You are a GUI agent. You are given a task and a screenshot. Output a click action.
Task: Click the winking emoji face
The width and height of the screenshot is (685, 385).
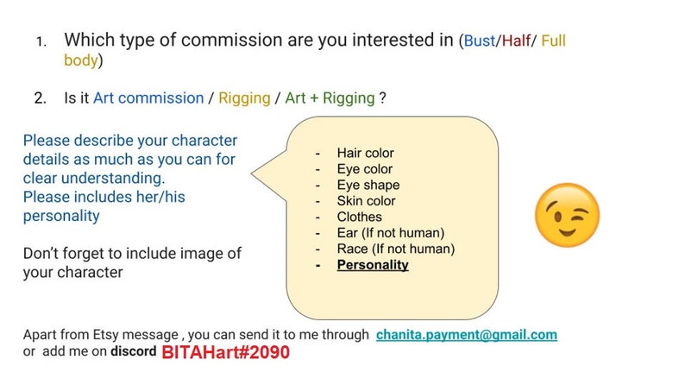click(x=567, y=213)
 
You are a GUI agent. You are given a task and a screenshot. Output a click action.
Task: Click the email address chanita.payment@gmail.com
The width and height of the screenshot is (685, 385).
click(x=466, y=335)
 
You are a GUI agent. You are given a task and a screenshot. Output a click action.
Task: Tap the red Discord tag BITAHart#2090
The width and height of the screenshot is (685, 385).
click(x=224, y=352)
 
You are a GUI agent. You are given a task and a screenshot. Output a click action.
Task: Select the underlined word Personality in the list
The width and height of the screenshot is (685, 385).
click(x=373, y=265)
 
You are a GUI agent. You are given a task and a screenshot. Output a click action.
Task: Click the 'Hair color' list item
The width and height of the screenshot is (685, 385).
click(x=365, y=153)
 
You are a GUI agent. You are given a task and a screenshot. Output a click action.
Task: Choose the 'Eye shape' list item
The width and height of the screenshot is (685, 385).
click(x=368, y=185)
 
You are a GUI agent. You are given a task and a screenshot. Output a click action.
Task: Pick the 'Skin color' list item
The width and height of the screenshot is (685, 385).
click(x=366, y=201)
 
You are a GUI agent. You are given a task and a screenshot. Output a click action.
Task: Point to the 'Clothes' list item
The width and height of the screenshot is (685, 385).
click(x=359, y=217)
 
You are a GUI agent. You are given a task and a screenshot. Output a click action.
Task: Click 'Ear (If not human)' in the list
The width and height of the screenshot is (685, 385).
click(x=389, y=233)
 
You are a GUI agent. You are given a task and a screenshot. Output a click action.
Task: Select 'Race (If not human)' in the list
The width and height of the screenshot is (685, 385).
click(x=395, y=249)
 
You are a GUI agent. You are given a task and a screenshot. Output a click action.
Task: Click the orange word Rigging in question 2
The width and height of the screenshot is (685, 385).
click(x=244, y=98)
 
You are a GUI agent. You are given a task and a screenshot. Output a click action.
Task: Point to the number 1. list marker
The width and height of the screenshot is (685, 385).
click(x=41, y=41)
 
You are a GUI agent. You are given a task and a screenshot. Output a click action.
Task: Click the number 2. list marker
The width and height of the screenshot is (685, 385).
click(x=40, y=98)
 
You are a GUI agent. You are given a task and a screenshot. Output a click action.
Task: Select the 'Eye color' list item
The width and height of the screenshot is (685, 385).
click(x=364, y=169)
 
